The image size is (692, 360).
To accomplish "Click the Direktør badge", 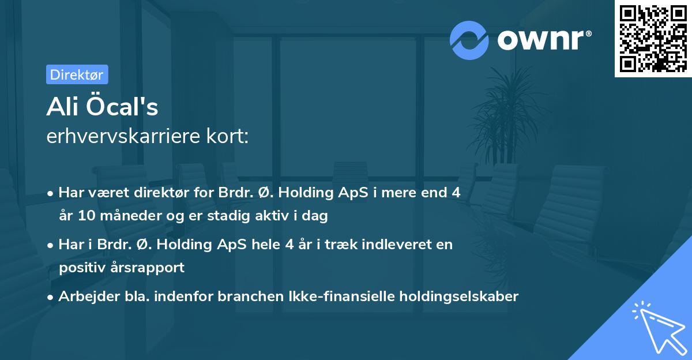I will pos(77,74).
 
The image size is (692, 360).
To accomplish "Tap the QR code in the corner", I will pos(652,38).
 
